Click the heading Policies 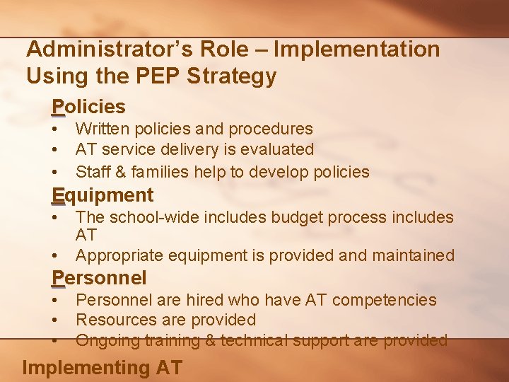point(88,107)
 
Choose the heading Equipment point(103,195)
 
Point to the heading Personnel point(99,277)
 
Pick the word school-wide point(160,217)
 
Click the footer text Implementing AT point(103,368)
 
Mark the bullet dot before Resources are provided point(54,320)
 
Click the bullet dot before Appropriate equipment point(54,255)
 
